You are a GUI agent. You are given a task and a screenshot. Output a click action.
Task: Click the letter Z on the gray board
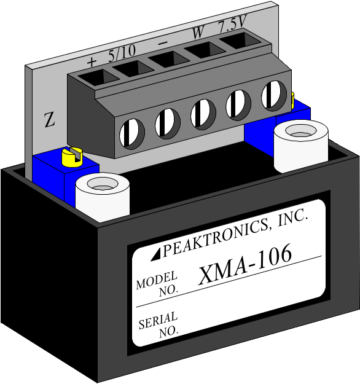[50, 120]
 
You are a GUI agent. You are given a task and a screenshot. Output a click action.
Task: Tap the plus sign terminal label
[92, 61]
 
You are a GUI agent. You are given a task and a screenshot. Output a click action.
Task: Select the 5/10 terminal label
[122, 53]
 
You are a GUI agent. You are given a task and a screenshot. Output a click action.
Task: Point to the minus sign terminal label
[163, 43]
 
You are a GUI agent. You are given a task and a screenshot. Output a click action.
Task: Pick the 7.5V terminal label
[232, 23]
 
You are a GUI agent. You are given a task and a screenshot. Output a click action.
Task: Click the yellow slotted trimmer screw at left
[72, 157]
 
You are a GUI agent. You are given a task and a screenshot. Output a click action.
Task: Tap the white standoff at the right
[301, 146]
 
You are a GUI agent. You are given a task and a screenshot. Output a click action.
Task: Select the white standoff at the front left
[103, 197]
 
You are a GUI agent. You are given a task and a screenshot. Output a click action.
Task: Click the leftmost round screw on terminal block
[131, 133]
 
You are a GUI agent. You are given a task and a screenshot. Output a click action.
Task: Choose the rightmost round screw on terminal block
[273, 95]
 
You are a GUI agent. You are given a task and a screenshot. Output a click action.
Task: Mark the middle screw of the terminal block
[203, 114]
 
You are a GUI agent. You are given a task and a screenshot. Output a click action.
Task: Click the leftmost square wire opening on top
[98, 77]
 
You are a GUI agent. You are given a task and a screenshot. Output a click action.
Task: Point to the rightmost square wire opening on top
[240, 41]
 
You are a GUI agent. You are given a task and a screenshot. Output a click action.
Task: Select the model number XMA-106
[245, 264]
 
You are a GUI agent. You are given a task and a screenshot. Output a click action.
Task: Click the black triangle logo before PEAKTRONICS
[156, 254]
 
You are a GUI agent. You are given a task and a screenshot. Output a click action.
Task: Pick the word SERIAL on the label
[158, 320]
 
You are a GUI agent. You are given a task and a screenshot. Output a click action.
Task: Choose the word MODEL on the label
[157, 280]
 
